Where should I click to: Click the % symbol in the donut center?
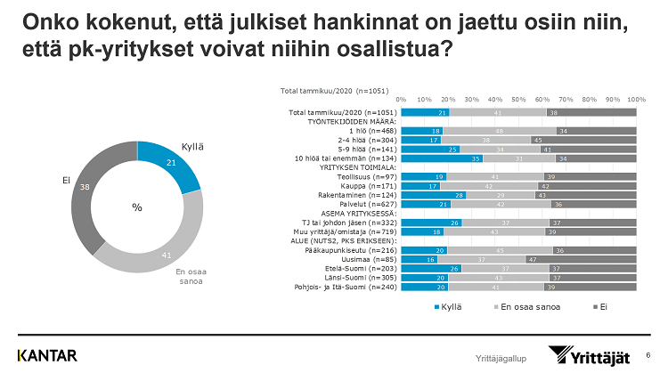coord(136,207)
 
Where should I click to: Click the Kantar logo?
coord(47,355)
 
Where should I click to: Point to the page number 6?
coord(648,354)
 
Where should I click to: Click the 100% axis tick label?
coord(636,99)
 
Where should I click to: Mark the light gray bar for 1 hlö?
coord(500,130)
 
